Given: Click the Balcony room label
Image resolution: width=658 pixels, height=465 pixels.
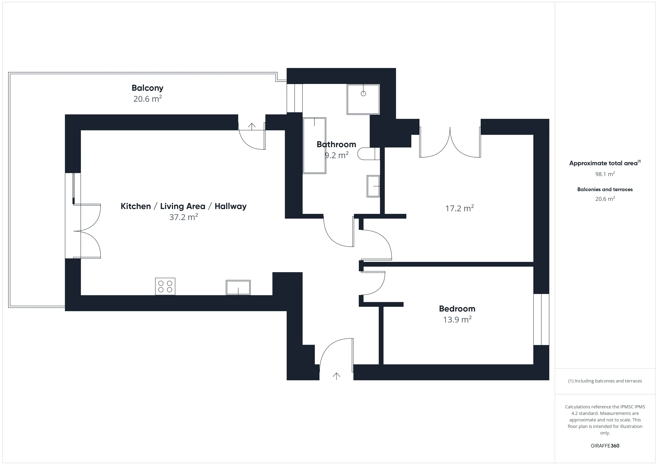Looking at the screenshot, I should point(147,88).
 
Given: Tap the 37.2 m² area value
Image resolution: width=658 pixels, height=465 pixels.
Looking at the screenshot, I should point(183,217).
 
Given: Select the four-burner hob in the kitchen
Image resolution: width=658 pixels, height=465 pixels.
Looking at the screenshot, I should point(165,286).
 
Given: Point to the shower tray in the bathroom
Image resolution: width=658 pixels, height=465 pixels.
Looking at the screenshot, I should point(363,99).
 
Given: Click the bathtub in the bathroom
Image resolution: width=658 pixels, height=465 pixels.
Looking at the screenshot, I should point(314,145).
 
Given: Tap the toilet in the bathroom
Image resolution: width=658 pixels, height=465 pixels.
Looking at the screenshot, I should point(368,154).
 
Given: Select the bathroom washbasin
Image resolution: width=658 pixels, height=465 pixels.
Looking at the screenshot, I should point(373,186).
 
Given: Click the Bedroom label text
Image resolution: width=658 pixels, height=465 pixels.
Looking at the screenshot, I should point(457,309).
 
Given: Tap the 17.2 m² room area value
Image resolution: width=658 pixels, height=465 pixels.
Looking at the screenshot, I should point(459,208).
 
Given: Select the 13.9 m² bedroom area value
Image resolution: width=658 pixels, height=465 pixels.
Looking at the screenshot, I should point(457,320).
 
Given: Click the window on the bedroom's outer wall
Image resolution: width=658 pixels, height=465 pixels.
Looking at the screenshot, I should point(541,319).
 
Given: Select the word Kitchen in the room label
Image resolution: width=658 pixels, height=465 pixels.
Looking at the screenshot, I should point(136,206).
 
